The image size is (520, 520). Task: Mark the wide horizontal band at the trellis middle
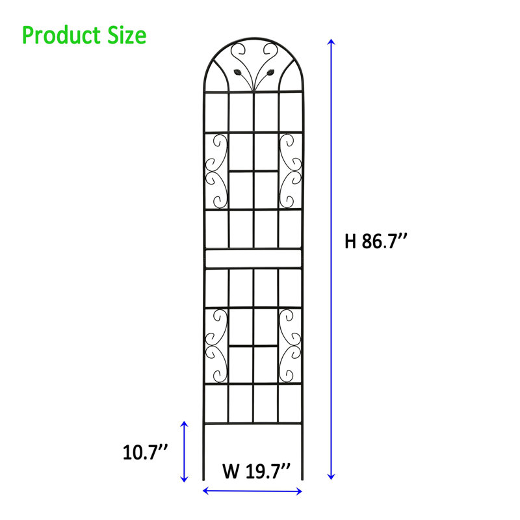click(x=253, y=259)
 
